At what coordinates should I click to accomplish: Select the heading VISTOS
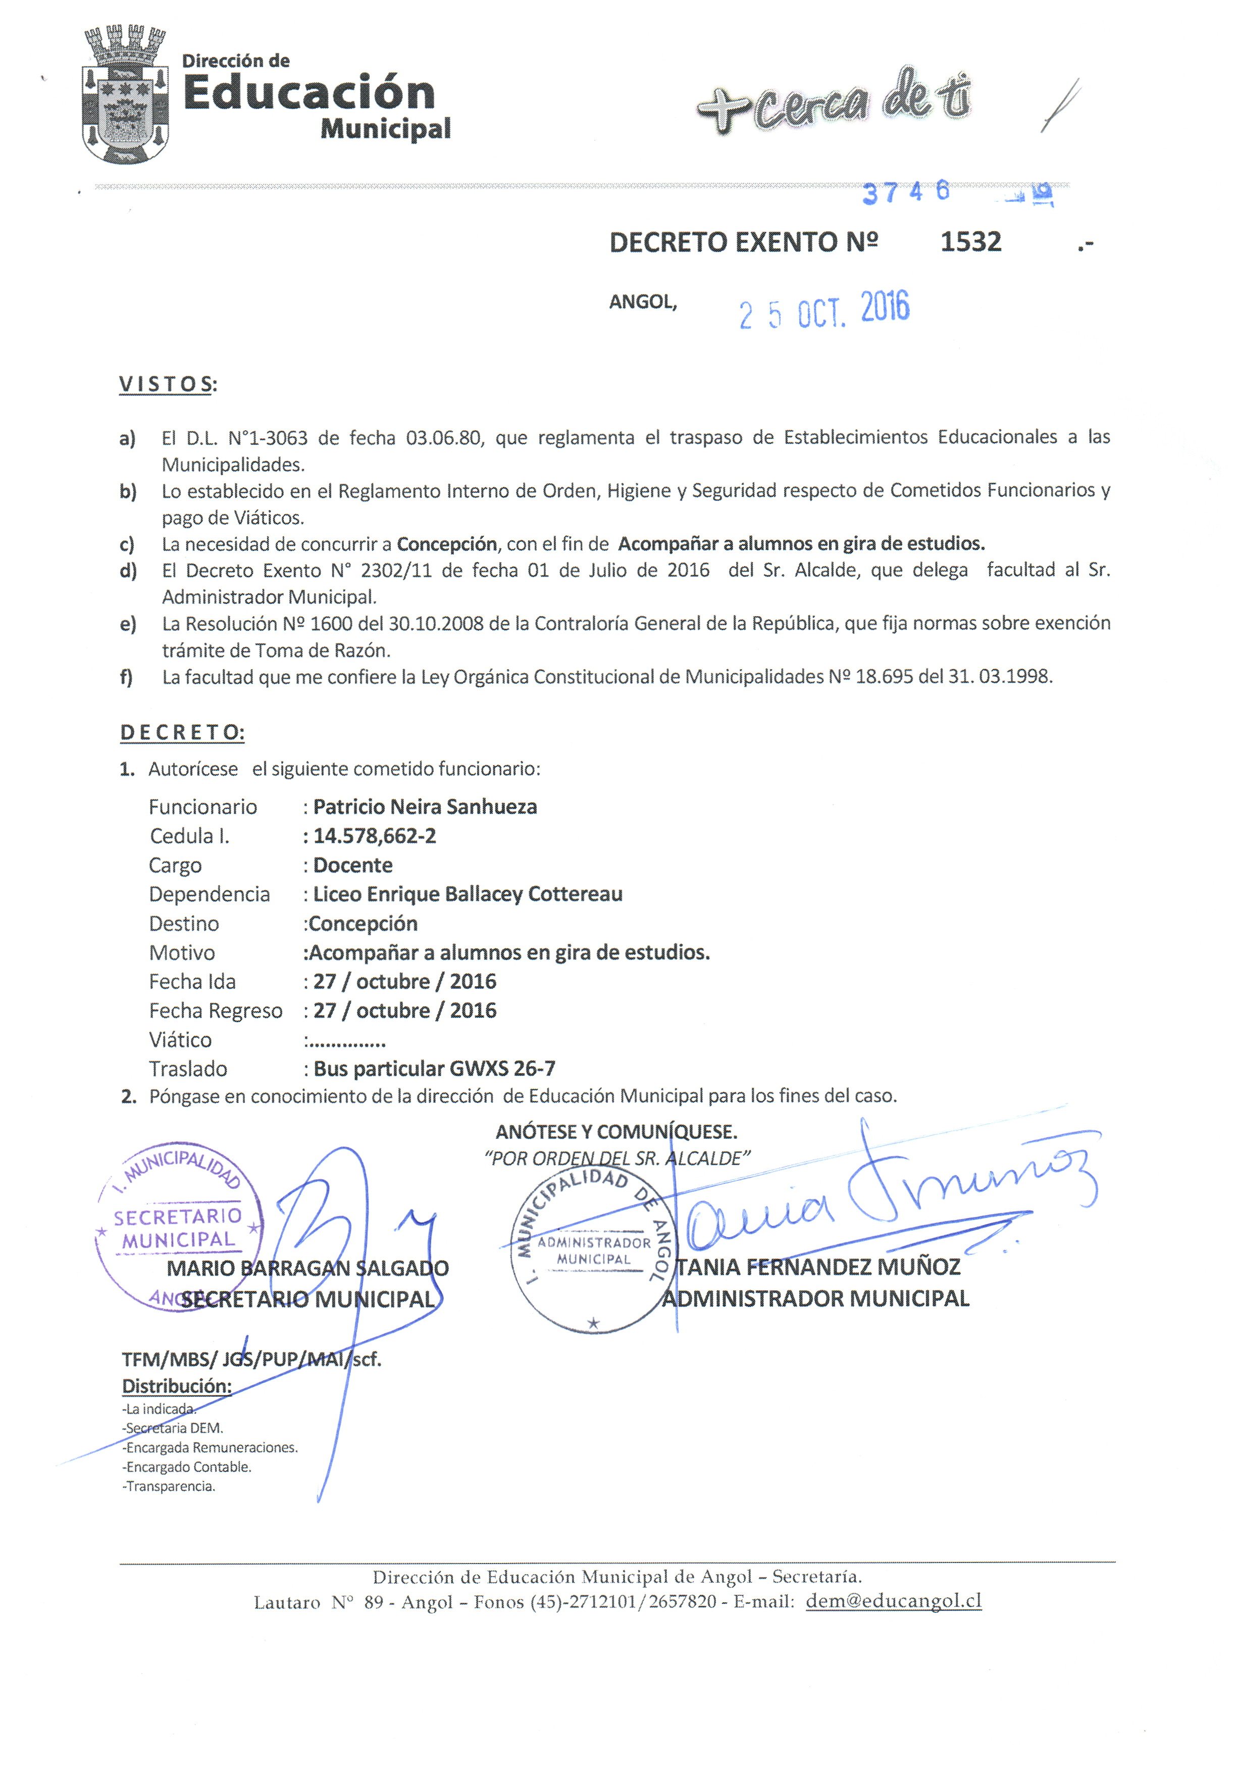pyautogui.click(x=166, y=384)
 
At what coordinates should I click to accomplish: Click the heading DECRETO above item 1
pyautogui.click(x=182, y=732)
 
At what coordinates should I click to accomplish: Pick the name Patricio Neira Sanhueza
pyautogui.click(x=425, y=807)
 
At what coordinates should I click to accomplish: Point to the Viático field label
pyautogui.click(x=180, y=1040)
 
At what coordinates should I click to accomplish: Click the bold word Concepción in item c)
pyautogui.click(x=446, y=544)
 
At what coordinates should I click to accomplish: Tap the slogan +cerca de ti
pyautogui.click(x=833, y=106)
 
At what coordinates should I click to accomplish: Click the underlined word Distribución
pyautogui.click(x=176, y=1386)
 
